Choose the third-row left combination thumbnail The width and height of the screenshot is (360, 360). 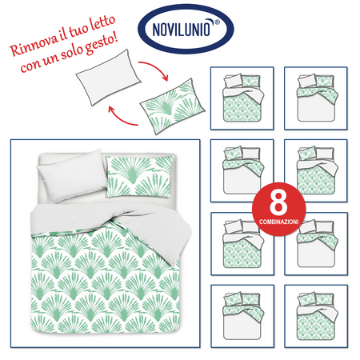[x=241, y=242]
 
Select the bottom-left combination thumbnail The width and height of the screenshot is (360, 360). [x=241, y=314]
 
